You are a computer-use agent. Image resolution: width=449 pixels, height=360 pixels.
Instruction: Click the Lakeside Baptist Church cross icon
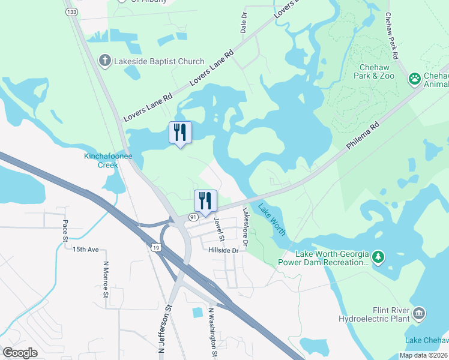pyautogui.click(x=104, y=61)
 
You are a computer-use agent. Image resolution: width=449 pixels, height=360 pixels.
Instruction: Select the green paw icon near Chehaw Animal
pyautogui.click(x=414, y=79)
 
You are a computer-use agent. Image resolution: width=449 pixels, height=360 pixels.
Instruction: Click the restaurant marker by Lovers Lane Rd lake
pyautogui.click(x=180, y=133)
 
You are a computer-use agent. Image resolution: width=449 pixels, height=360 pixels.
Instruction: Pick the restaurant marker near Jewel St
pyautogui.click(x=205, y=202)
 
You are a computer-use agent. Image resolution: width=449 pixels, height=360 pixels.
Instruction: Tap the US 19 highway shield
pyautogui.click(x=155, y=247)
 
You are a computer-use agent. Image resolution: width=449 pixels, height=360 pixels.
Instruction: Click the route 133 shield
pyautogui.click(x=71, y=11)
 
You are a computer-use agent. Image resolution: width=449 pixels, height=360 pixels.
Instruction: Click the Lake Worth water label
pyautogui.click(x=272, y=219)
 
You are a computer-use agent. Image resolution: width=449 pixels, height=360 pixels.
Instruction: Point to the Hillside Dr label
pyautogui.click(x=224, y=250)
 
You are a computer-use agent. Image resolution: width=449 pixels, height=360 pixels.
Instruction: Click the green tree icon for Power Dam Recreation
pyautogui.click(x=378, y=257)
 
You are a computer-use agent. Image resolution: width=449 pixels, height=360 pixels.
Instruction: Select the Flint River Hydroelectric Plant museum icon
pyautogui.click(x=419, y=313)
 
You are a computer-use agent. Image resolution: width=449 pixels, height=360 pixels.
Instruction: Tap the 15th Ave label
pyautogui.click(x=85, y=248)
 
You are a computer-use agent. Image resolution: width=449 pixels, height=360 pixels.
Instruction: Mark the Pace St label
pyautogui.click(x=66, y=231)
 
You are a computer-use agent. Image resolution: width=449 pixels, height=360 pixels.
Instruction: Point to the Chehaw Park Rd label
pyautogui.click(x=392, y=36)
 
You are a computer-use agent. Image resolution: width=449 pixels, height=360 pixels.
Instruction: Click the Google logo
pyautogui.click(x=20, y=353)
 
